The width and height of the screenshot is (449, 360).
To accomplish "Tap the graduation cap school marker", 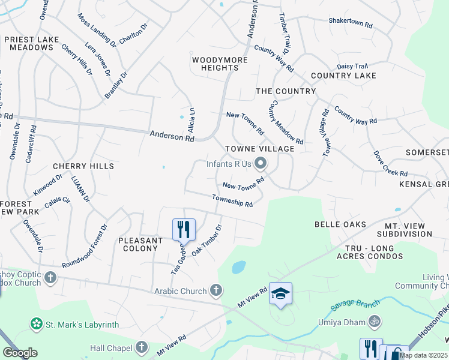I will [x=280, y=293].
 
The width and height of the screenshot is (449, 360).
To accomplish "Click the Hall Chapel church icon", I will [x=142, y=347].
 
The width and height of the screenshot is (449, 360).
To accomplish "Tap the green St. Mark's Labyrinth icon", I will [x=37, y=325].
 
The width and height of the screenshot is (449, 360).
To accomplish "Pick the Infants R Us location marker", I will [x=261, y=163].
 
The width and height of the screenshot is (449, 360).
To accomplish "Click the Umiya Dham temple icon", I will [x=375, y=322].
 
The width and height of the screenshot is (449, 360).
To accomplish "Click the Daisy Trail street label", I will [x=352, y=66].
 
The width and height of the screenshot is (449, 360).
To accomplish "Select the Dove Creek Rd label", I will [x=390, y=163].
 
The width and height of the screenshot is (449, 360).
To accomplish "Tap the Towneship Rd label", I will [x=232, y=201].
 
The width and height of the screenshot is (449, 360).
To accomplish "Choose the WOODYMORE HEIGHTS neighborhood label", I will [x=215, y=64].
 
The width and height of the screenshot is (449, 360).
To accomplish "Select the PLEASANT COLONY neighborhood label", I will [x=140, y=244].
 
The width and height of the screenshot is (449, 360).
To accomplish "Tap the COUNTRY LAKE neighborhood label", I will [x=343, y=76].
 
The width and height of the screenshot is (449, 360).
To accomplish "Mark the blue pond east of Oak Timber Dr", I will [x=238, y=266].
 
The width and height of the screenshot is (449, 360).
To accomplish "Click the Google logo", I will [x=20, y=353].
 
